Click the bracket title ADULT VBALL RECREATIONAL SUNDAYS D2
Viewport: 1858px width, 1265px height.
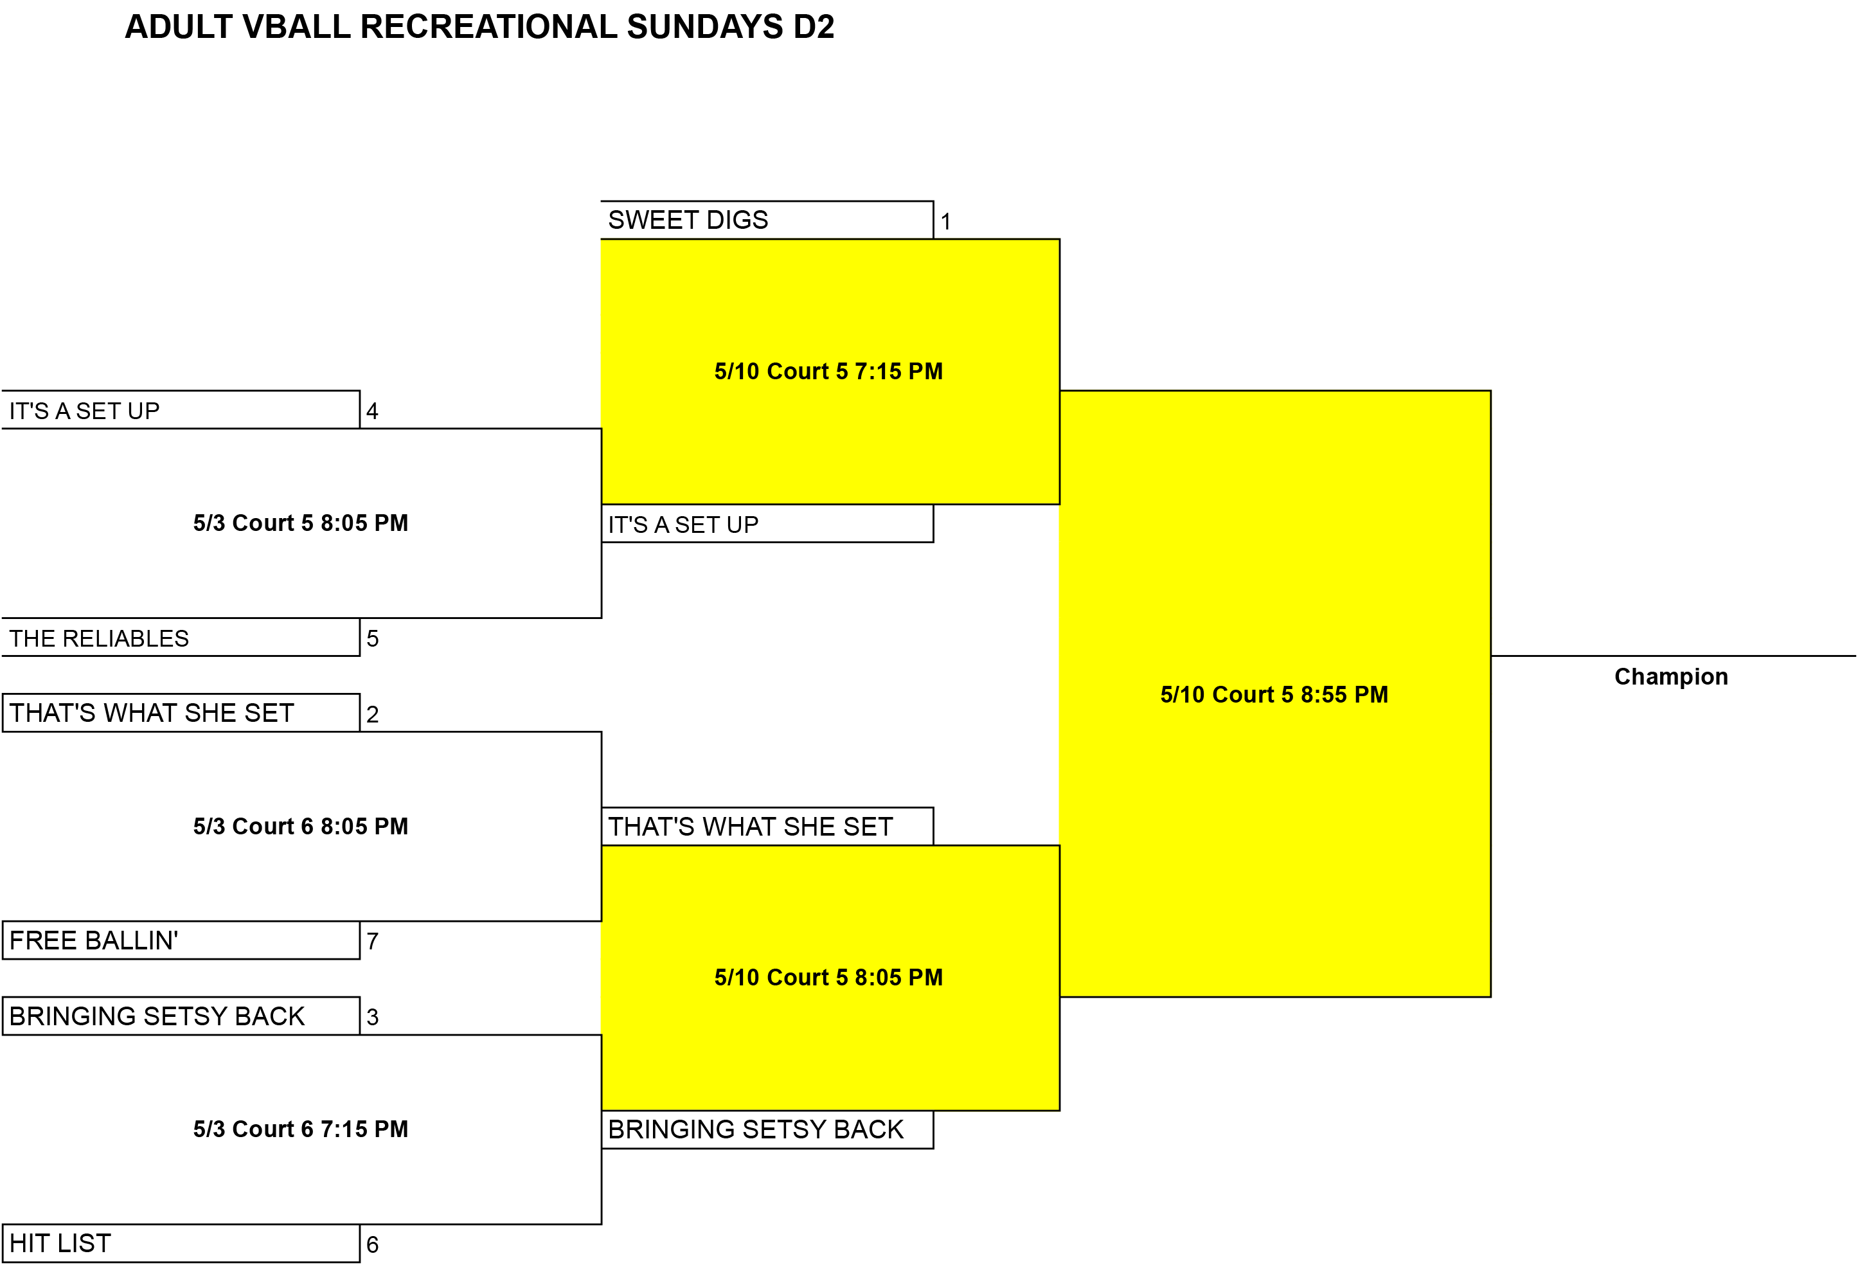479,26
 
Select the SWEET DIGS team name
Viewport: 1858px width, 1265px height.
688,220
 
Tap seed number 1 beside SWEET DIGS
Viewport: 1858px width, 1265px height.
946,222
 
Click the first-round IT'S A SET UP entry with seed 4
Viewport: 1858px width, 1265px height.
84,411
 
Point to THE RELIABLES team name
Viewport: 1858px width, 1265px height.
99,638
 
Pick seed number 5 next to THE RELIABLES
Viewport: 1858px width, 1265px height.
373,639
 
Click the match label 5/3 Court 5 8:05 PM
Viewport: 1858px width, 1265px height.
301,523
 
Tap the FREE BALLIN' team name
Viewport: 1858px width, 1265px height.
94,940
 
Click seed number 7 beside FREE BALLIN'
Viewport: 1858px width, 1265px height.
373,941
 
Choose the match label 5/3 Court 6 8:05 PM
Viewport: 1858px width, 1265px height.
301,826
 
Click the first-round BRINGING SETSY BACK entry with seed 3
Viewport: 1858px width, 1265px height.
157,1016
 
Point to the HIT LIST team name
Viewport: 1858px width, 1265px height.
60,1243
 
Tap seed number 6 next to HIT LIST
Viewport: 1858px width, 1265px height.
373,1244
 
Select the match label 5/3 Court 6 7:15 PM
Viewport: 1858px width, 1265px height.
301,1129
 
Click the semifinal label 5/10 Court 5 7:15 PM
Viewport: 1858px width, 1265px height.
829,371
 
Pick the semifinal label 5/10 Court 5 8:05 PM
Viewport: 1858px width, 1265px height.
829,977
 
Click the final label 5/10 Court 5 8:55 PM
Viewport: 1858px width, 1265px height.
1274,694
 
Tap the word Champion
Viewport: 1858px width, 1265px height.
1671,676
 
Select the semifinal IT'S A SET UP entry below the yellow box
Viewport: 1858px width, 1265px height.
683,525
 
